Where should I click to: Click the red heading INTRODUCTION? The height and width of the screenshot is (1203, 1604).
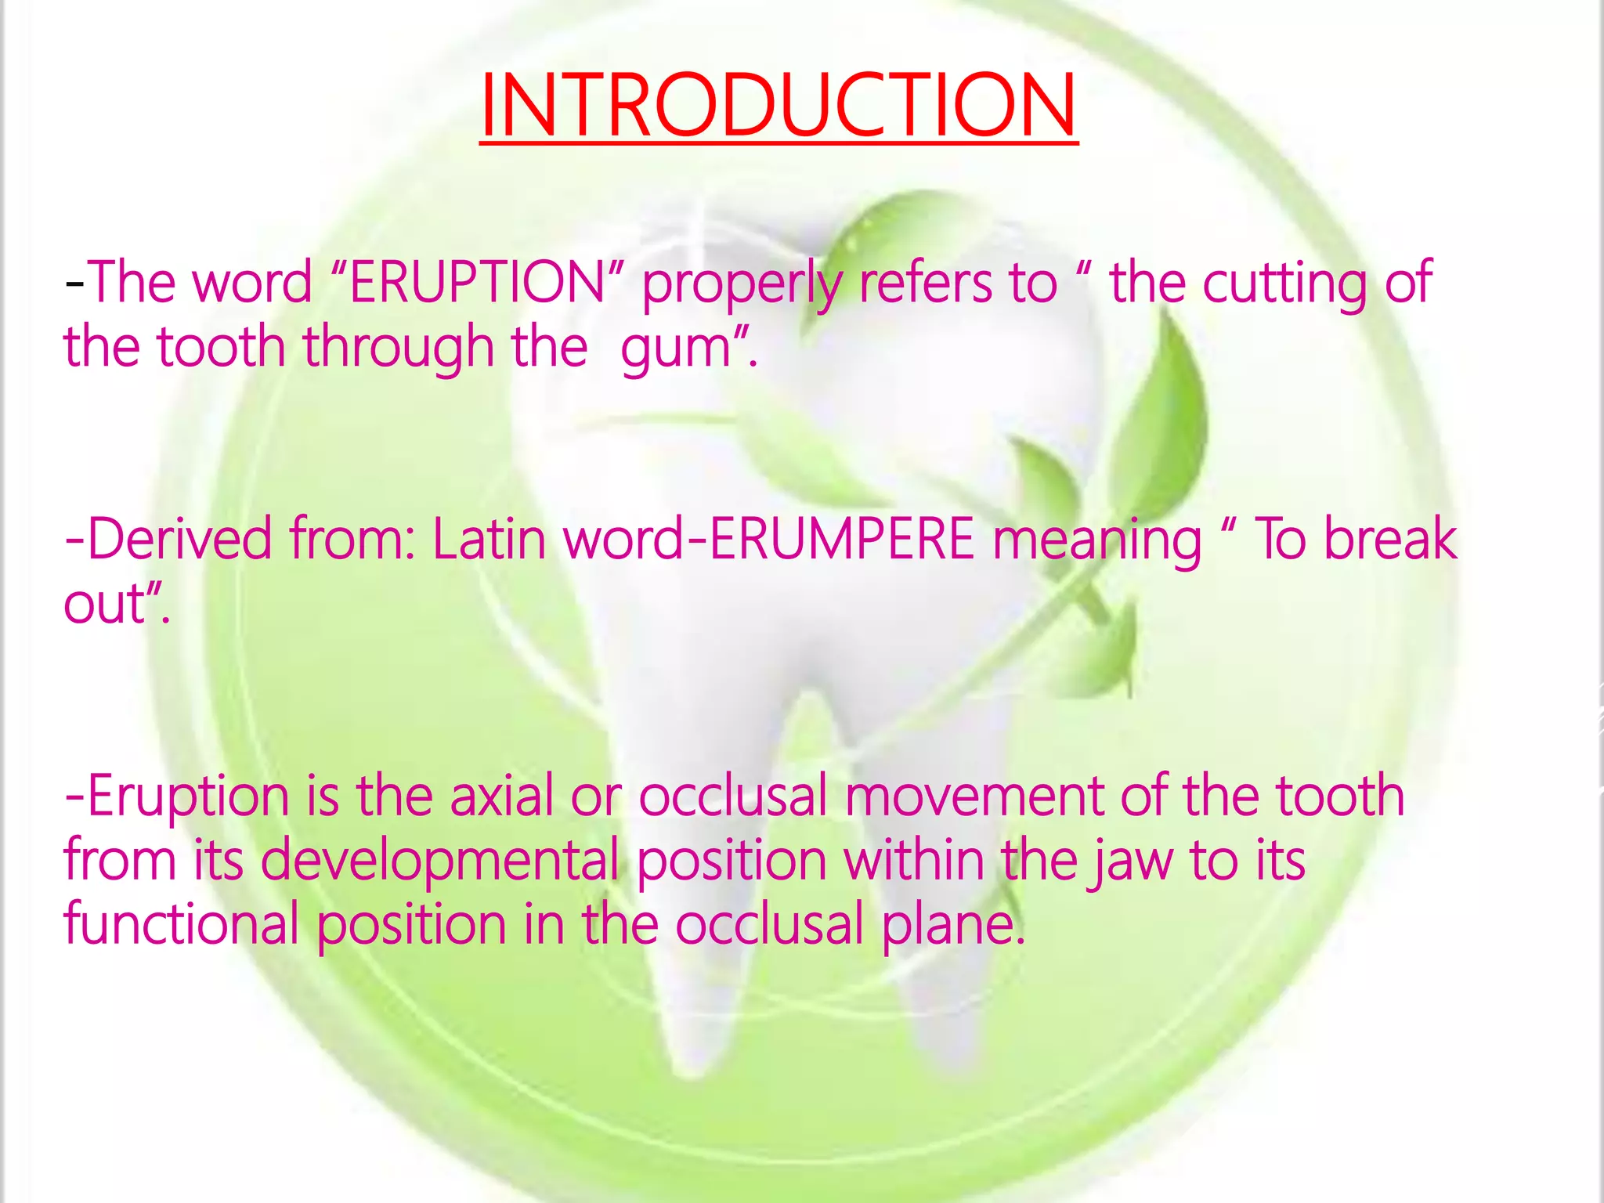click(779, 106)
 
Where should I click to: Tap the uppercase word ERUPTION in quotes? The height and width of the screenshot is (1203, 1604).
click(477, 283)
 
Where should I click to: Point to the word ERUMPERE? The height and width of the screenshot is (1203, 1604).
click(841, 540)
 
